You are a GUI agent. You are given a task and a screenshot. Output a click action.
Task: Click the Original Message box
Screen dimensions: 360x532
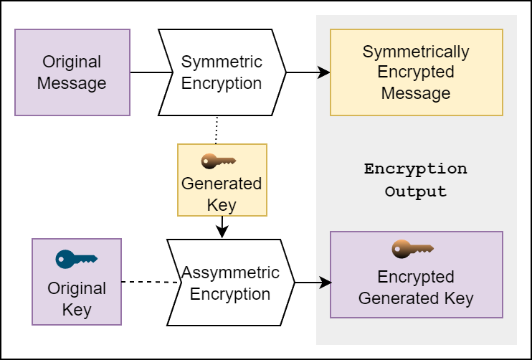click(x=72, y=72)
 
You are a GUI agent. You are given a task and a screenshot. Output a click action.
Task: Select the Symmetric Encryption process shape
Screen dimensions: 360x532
click(x=222, y=72)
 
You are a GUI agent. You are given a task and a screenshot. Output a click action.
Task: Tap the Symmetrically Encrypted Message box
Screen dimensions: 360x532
click(x=416, y=72)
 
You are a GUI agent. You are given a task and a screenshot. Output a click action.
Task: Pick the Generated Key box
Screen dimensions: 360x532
click(x=222, y=181)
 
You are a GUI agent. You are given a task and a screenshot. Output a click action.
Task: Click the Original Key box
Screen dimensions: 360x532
click(x=77, y=280)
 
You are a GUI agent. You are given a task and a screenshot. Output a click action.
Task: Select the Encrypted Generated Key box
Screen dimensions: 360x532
click(x=416, y=275)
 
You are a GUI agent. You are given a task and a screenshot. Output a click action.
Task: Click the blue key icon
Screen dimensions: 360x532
click(x=76, y=258)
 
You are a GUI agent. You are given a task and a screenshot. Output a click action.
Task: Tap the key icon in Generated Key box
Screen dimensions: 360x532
click(x=219, y=161)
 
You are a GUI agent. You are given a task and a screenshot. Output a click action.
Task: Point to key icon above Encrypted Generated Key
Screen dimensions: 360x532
click(x=412, y=249)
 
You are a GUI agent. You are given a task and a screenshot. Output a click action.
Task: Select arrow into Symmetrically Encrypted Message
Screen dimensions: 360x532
click(x=308, y=72)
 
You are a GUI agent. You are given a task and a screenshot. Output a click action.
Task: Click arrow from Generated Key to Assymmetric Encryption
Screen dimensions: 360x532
click(x=222, y=227)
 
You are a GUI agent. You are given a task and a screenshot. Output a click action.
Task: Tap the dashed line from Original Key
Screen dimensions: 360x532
click(x=149, y=283)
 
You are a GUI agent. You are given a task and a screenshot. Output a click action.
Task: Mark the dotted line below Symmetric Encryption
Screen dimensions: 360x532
click(x=216, y=130)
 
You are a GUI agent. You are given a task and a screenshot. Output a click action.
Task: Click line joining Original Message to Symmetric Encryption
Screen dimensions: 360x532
click(x=151, y=72)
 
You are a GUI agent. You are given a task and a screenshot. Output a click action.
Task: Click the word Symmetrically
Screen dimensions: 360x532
click(x=416, y=52)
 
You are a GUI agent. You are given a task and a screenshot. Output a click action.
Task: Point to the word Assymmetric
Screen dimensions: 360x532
click(x=230, y=273)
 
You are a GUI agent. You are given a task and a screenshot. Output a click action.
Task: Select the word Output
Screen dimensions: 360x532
click(x=416, y=192)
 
